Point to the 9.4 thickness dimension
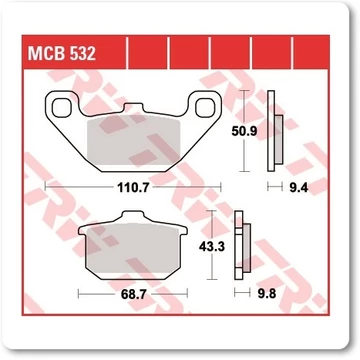point(296,187)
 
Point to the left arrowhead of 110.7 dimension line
point(49,187)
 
